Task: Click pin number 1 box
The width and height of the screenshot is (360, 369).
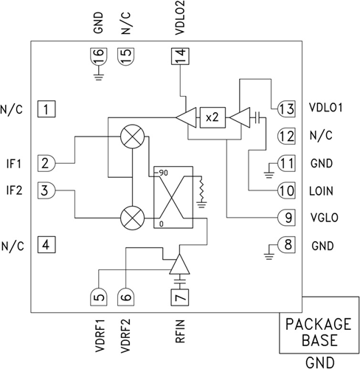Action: coord(46,111)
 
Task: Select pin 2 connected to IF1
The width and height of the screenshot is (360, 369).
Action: coord(46,163)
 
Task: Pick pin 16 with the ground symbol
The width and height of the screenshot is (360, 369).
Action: coord(98,56)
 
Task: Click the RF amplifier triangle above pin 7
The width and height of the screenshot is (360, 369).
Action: coord(179,264)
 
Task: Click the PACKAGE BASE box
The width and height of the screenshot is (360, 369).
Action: coord(317,332)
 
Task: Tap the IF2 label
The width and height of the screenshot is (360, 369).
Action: coord(13,190)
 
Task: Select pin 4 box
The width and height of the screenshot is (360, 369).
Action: coord(46,244)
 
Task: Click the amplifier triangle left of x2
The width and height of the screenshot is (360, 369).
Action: coord(185,117)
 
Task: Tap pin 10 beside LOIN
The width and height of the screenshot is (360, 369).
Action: coord(285,190)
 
